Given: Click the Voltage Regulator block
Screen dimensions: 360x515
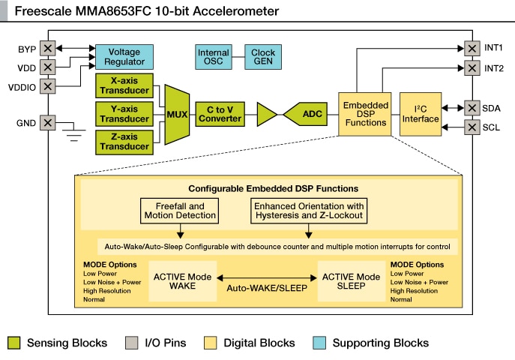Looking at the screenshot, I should coord(124,57).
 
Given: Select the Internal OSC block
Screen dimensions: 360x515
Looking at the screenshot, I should coord(213,57).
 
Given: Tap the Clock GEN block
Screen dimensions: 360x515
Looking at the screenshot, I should coord(262,57).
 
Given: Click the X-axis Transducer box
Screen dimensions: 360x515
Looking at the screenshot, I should coord(124,85).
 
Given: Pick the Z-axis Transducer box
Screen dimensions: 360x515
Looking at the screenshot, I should coord(124,141).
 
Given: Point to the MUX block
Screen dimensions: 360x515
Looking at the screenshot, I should coord(175,114).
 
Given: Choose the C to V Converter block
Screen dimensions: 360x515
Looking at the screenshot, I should coord(220,114).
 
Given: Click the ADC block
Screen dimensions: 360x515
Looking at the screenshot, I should coord(309,114).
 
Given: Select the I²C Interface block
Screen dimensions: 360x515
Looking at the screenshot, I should coord(420,115).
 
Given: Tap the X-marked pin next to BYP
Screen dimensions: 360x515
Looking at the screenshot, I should coord(48,49).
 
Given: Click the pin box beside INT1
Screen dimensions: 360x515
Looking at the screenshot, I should coord(472,48).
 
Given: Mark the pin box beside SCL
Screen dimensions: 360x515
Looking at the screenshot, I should coord(472,127).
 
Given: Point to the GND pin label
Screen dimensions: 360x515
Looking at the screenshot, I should coord(26,122).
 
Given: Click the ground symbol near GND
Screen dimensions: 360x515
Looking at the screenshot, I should coord(72,135).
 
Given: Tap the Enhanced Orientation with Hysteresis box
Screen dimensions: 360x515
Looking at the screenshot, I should coord(309,211).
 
